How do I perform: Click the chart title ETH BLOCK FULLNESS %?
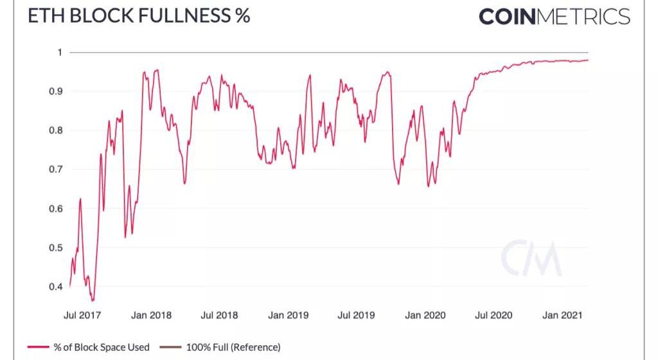coord(138,16)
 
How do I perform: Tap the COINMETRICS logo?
coord(554,17)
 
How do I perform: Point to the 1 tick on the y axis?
coord(60,52)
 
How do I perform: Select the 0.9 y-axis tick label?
coord(55,91)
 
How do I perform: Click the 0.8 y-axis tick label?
coord(55,130)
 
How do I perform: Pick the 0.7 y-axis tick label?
coord(55,170)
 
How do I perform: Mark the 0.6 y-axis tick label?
coord(55,209)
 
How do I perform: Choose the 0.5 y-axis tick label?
coord(55,248)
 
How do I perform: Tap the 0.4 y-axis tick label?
coord(55,287)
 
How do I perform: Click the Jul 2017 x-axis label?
coord(82,315)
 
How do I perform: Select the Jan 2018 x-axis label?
coord(151,315)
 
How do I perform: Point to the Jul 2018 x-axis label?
coord(219,315)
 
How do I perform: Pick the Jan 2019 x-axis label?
coord(289,315)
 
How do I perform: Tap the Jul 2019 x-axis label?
coord(356,315)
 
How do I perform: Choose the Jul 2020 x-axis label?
coord(493,315)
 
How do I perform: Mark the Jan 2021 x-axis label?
coord(562,315)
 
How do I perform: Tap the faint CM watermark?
coord(531,258)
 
